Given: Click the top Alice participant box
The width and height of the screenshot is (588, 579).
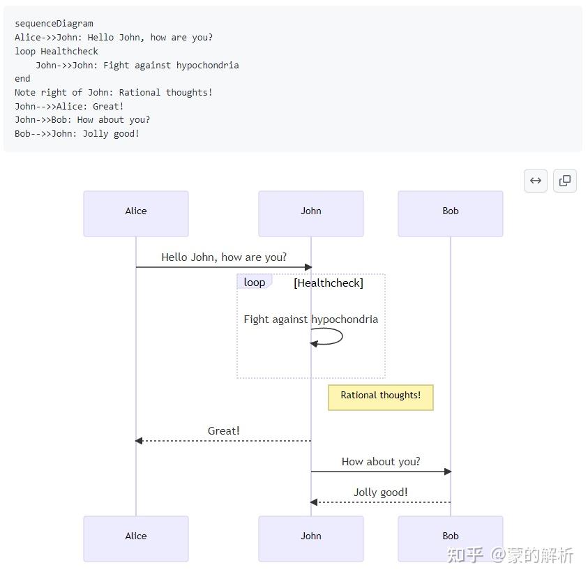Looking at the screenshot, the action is tap(136, 213).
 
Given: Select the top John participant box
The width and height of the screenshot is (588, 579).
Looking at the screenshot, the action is tap(311, 213).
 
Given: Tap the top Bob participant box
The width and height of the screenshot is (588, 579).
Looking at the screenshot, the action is tap(451, 213).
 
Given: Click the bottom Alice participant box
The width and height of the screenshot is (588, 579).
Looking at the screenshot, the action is tap(136, 539).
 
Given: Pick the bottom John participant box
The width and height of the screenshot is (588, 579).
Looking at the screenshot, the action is tap(311, 539).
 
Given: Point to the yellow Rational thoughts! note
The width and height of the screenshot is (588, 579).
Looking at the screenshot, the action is tap(381, 398).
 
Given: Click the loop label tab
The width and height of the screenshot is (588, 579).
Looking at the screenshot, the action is tap(255, 282).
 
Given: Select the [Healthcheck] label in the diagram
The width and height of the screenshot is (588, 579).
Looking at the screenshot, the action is tap(329, 283).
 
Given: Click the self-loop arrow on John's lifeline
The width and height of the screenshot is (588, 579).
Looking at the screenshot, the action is tap(342, 336).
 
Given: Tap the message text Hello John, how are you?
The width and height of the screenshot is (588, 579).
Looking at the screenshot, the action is tap(224, 257).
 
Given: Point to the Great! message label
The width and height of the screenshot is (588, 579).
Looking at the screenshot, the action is tap(223, 431).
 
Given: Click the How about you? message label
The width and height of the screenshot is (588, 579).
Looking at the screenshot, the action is tap(381, 462).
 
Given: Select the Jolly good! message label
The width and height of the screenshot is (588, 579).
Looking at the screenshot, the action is tap(381, 492).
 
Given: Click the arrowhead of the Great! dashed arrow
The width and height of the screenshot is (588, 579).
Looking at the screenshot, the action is tap(139, 441).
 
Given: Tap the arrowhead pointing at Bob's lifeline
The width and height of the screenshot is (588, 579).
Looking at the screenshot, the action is tap(448, 472).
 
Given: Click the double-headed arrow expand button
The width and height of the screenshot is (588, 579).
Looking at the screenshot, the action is tap(536, 181).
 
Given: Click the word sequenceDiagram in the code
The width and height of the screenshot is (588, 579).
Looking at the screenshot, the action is tap(54, 24).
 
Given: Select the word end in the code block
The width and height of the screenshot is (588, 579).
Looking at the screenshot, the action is tap(22, 79).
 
